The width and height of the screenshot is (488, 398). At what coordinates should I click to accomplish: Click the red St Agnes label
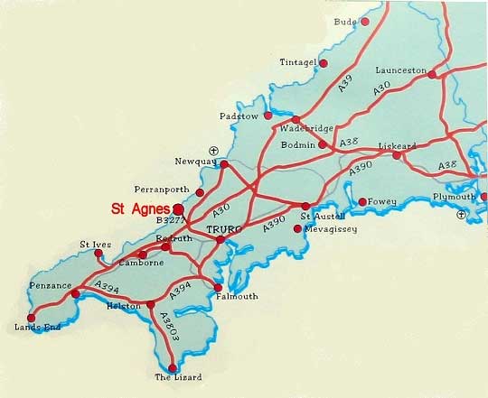tap(140, 208)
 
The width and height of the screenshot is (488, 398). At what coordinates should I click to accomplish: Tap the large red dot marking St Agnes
tap(179, 208)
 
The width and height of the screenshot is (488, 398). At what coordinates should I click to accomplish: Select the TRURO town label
tap(225, 231)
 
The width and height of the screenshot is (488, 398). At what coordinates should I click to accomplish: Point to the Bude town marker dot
tap(364, 21)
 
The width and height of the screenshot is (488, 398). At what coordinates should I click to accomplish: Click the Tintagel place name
tap(299, 62)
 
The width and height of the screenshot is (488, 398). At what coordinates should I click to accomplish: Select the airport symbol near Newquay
tap(213, 151)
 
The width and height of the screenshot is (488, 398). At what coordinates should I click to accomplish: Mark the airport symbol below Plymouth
tap(463, 214)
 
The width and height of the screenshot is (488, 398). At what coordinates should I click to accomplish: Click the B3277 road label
tap(171, 219)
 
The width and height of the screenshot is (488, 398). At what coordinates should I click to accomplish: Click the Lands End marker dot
tap(32, 318)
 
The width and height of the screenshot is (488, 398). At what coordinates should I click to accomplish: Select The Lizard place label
tap(178, 377)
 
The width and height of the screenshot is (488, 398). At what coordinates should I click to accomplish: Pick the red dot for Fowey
tap(361, 201)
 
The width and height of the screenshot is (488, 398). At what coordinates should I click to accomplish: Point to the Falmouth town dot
tap(218, 288)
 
